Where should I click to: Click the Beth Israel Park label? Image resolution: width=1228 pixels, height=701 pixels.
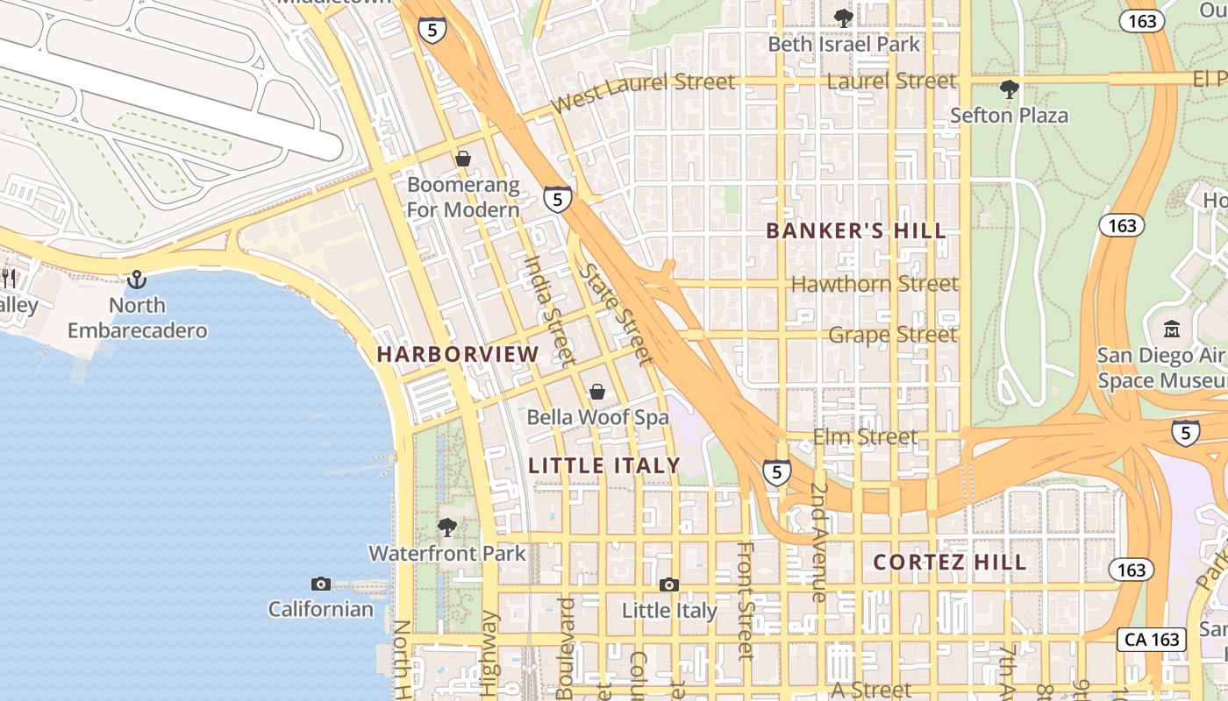[x=844, y=44]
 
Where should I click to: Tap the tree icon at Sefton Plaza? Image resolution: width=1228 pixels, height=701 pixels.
[x=1010, y=89]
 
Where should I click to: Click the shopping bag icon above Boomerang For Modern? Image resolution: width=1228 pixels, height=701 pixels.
[x=462, y=159]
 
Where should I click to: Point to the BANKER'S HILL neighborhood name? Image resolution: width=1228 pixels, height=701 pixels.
[x=856, y=231]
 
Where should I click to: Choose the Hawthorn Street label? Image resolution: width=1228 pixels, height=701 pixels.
[x=875, y=284]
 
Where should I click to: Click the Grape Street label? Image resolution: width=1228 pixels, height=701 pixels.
[x=892, y=335]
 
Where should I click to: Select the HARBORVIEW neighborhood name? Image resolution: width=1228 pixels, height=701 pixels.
[x=458, y=355]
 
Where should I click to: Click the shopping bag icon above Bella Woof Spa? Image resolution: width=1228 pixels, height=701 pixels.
[x=597, y=391]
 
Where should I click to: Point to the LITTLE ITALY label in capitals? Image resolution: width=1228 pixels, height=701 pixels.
[x=604, y=465]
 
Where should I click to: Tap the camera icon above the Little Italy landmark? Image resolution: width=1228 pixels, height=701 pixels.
[x=669, y=584]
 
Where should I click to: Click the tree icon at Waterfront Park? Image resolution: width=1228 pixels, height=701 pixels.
[x=447, y=527]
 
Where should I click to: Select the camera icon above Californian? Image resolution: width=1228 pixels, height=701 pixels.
[x=321, y=584]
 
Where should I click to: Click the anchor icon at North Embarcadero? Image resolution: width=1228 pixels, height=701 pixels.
[x=137, y=280]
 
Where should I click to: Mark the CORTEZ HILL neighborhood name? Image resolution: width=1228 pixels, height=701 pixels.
[x=950, y=563]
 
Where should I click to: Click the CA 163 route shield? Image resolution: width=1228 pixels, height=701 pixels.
[x=1152, y=640]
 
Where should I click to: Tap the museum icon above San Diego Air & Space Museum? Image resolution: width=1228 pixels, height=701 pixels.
[x=1172, y=329]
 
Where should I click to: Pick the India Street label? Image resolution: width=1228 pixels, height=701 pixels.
[x=549, y=310]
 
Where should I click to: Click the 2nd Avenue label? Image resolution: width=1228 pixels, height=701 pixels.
[x=818, y=542]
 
